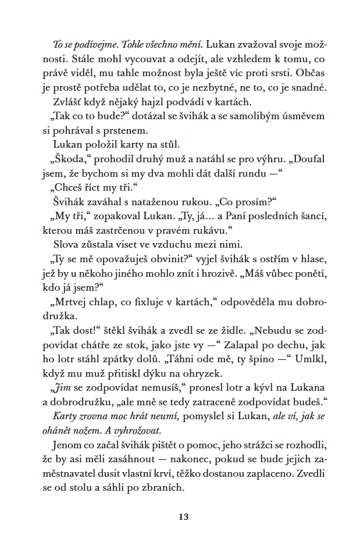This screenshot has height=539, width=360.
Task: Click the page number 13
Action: pyautogui.click(x=184, y=516)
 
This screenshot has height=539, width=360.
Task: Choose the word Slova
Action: pyautogui.click(x=66, y=244)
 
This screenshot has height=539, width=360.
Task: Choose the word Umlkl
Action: pyautogui.click(x=312, y=358)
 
